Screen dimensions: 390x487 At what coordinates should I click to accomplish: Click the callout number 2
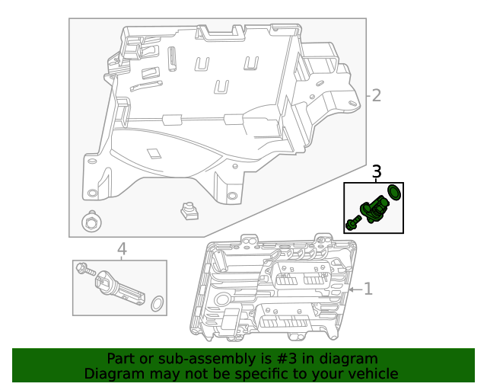click(x=376, y=95)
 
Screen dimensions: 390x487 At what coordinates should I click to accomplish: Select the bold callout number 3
click(x=376, y=173)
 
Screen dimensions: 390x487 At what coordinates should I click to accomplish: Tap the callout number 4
click(x=121, y=249)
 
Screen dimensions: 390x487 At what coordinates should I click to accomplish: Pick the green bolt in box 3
click(x=353, y=223)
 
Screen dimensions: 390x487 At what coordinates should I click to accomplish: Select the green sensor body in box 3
click(x=374, y=209)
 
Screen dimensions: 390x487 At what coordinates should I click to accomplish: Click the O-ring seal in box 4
click(x=157, y=304)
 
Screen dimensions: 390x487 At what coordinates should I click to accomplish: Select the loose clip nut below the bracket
click(x=188, y=210)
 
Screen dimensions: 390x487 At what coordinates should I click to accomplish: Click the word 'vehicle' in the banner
click(x=372, y=374)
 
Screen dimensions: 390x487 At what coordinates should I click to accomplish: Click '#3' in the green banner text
click(x=288, y=359)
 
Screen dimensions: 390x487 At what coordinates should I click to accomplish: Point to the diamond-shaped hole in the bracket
click(x=154, y=152)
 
